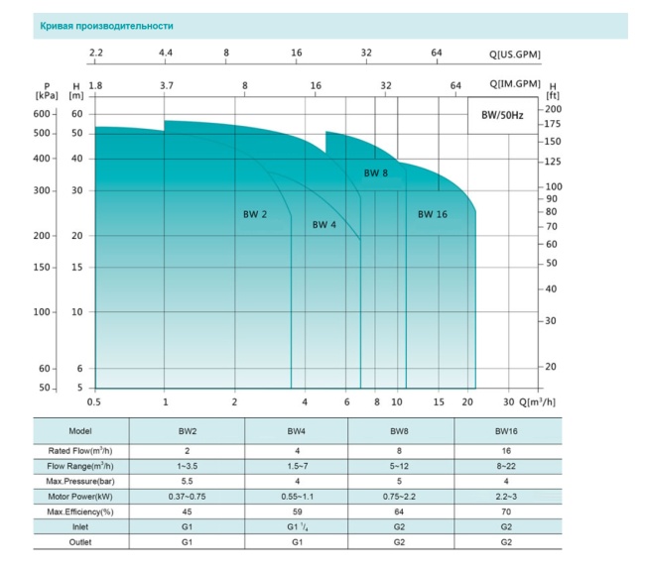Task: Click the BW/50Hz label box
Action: coord(502,115)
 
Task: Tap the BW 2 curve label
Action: coord(255,213)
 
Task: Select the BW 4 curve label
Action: coord(324,225)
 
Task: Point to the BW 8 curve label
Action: coord(375,173)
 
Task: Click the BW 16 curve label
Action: coord(433,214)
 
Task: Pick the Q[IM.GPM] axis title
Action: coord(514,84)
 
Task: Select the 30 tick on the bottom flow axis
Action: coord(509,401)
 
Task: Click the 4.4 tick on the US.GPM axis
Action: coord(166,53)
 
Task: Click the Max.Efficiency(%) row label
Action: coord(80,511)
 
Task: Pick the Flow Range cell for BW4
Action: coord(297,464)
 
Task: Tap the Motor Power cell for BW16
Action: coord(506,495)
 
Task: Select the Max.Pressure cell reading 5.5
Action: coord(187,480)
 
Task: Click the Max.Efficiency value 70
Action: coord(506,511)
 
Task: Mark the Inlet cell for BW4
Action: coord(297,526)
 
